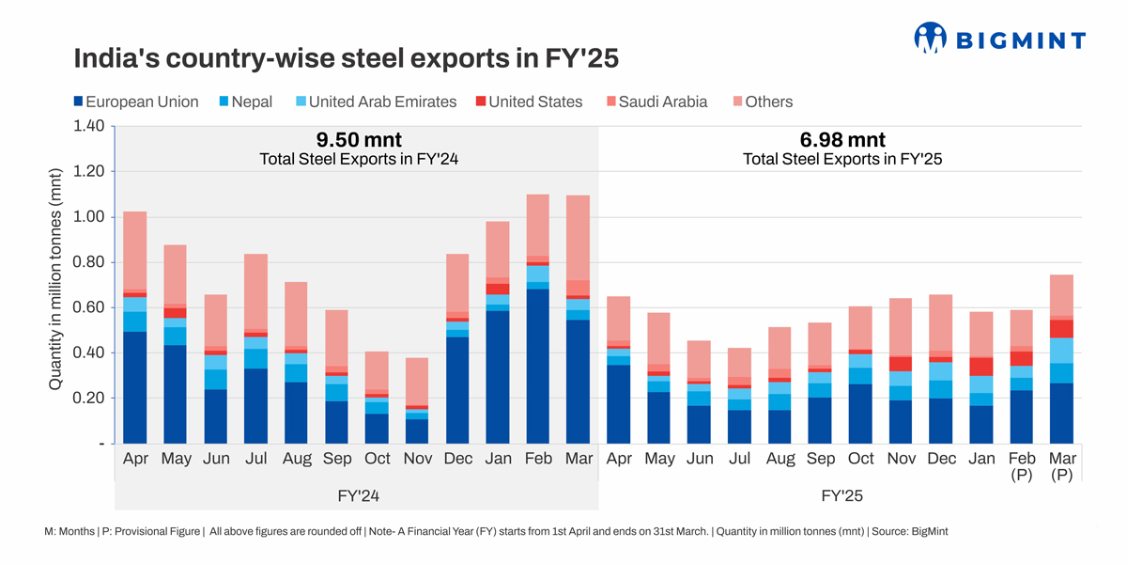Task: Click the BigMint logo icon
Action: tap(930, 38)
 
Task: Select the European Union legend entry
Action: tap(135, 102)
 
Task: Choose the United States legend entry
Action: tap(527, 102)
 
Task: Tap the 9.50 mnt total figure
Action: tap(358, 140)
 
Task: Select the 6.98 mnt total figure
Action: tap(841, 140)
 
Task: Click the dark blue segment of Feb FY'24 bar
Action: tap(538, 367)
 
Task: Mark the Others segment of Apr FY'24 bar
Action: tap(135, 250)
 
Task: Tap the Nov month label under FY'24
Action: tap(417, 460)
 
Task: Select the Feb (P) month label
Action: tap(1022, 466)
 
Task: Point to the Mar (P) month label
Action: tap(1062, 466)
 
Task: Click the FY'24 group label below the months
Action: tap(358, 495)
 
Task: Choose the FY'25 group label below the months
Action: tap(841, 495)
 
